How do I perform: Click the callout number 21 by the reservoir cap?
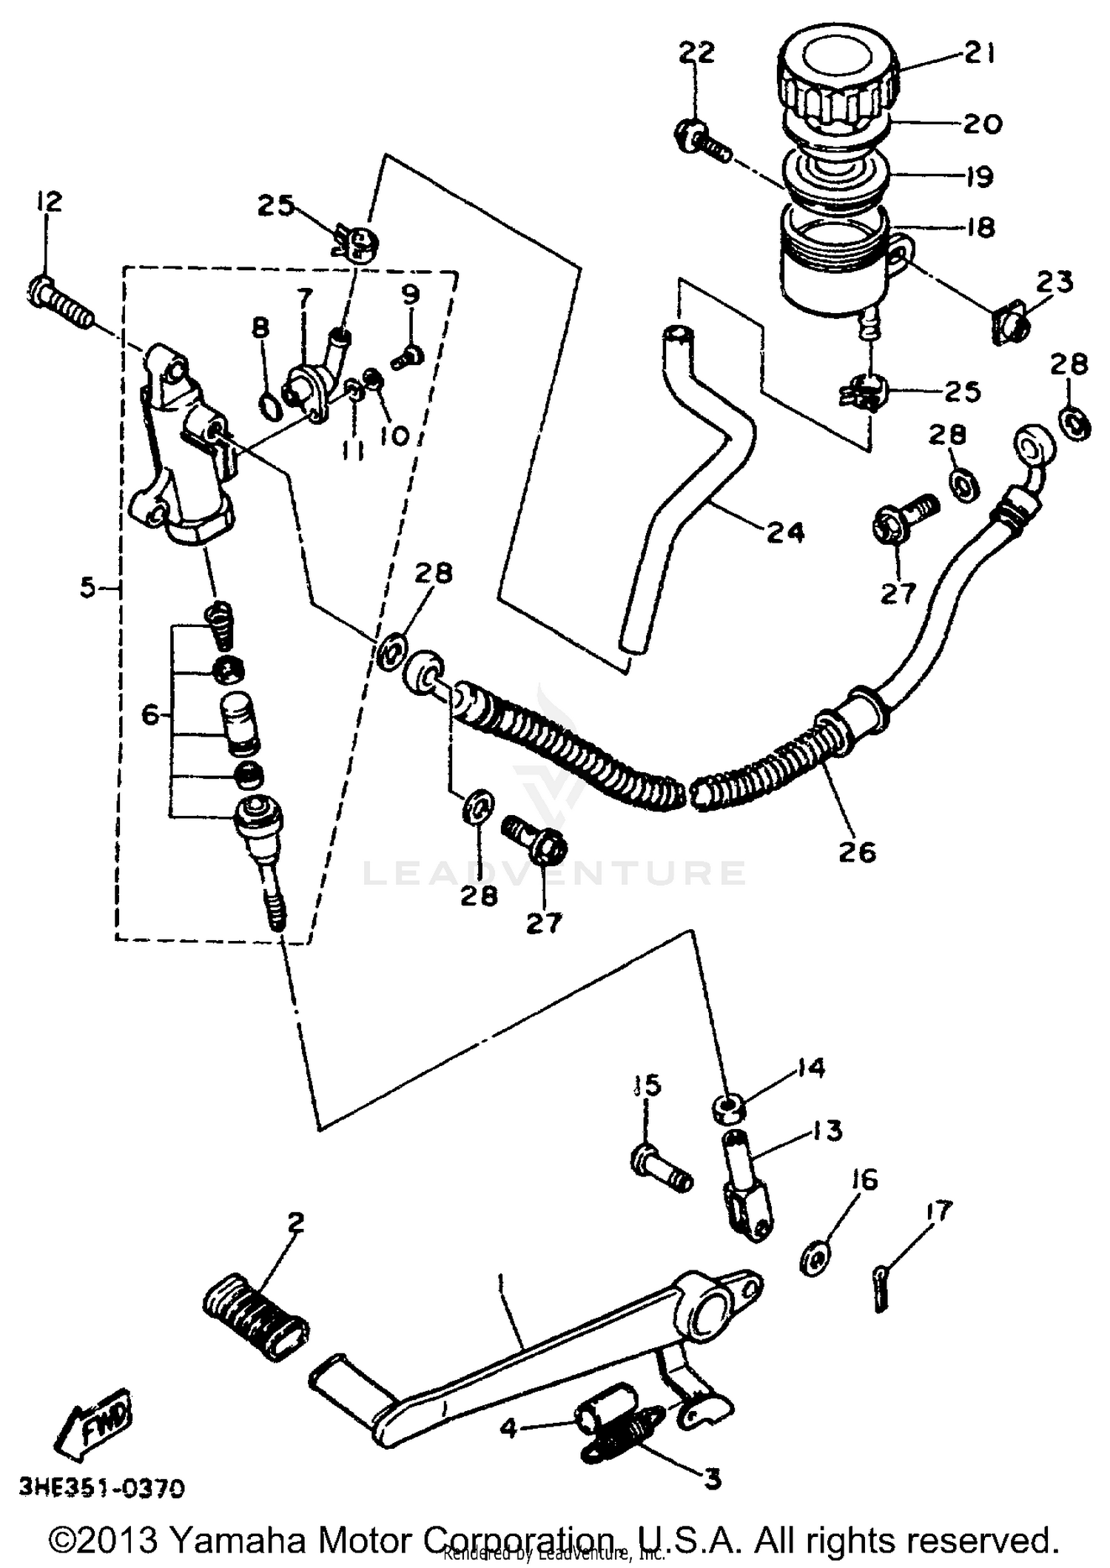click(x=980, y=54)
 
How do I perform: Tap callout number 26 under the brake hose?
click(x=857, y=852)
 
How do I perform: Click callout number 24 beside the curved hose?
click(x=785, y=532)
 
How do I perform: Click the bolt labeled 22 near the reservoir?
click(x=701, y=143)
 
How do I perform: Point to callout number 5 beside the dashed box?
click(x=88, y=589)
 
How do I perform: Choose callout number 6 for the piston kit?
click(x=150, y=715)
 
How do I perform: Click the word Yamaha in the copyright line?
click(x=238, y=1541)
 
